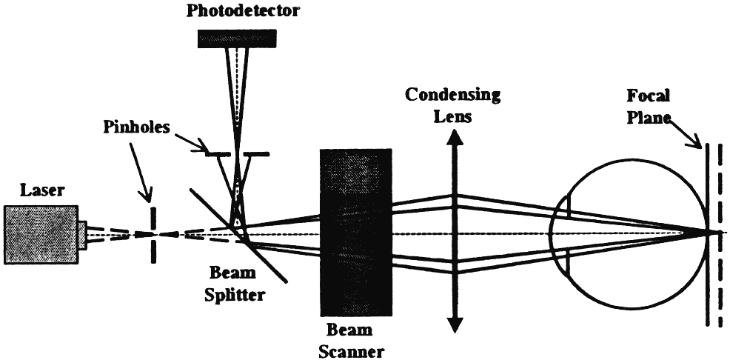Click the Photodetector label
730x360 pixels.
click(237, 10)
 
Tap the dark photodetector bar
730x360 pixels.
click(237, 38)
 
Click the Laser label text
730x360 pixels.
click(22, 193)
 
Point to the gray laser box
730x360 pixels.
click(40, 233)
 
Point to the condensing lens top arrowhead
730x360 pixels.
click(455, 136)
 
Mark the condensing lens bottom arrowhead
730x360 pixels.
click(455, 324)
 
